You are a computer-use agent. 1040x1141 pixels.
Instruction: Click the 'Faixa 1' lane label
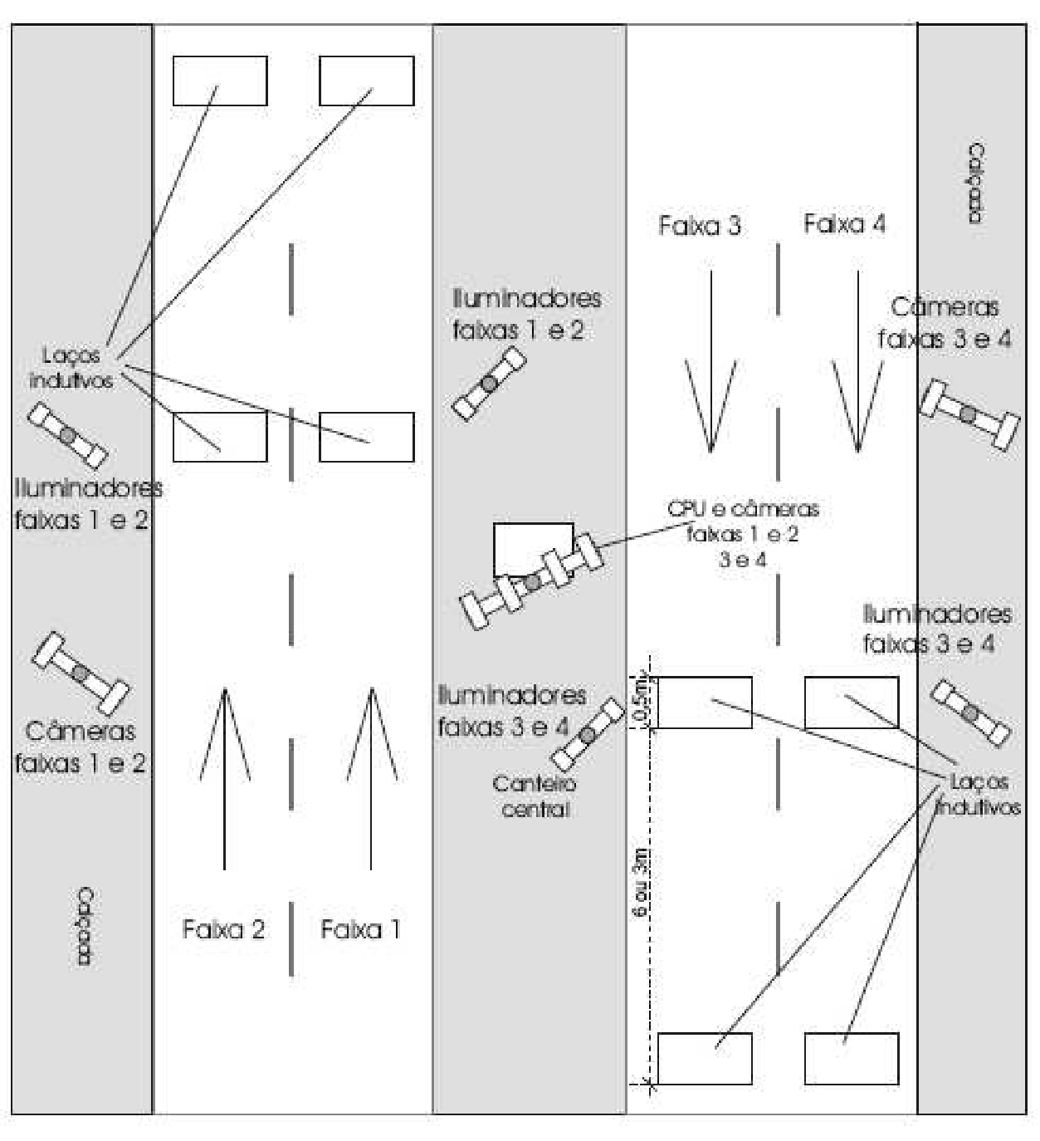coord(360,929)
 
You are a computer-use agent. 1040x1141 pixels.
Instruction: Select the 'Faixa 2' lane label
coord(223,929)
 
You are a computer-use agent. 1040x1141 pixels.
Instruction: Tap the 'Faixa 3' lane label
coord(700,225)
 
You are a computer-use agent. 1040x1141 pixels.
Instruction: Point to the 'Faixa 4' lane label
coord(845,223)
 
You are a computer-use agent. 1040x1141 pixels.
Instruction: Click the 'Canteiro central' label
coord(534,796)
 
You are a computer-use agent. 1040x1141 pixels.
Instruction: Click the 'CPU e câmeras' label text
coord(743,508)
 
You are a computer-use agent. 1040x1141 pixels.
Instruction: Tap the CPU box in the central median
coord(533,548)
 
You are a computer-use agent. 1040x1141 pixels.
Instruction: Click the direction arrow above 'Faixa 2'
coord(225,779)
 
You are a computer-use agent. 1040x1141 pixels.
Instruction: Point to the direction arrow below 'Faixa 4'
coord(858,362)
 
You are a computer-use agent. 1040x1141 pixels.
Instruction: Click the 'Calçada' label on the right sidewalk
coord(976,184)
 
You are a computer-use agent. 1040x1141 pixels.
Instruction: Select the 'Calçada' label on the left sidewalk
coord(85,927)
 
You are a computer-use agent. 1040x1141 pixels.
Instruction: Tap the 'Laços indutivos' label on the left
coord(71,367)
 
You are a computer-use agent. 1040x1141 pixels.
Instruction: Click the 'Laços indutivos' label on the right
coord(978,794)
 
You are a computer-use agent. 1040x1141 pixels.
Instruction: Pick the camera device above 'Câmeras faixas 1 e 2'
coord(81,673)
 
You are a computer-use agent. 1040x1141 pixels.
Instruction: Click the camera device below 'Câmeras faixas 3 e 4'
coord(969,414)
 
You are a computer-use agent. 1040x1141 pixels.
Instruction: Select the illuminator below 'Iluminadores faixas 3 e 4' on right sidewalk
coord(970,713)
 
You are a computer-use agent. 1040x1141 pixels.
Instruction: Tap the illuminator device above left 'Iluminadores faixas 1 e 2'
coord(68,436)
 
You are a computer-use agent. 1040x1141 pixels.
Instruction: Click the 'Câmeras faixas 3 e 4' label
coord(945,322)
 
